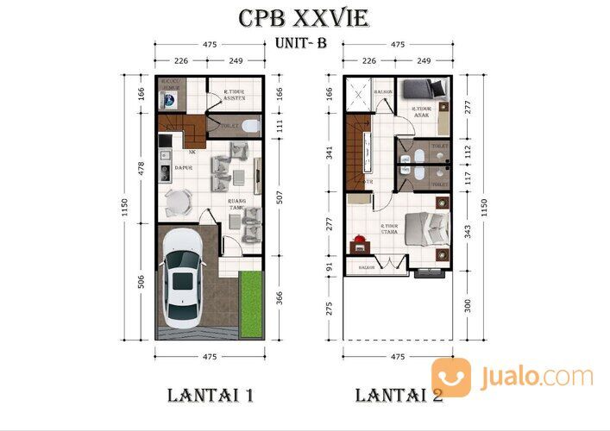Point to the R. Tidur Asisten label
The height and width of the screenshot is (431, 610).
235,96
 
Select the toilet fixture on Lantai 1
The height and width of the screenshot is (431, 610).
249,126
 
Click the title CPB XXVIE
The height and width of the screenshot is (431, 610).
305,19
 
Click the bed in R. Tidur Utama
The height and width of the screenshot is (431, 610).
426,226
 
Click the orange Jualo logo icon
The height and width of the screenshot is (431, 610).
450,377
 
